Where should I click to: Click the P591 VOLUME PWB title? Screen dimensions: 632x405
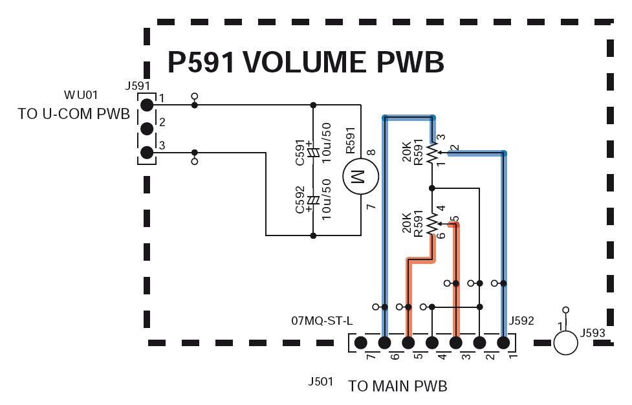pos(305,63)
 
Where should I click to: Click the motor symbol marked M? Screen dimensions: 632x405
pos(361,176)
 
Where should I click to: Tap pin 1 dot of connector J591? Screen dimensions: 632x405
pos(147,105)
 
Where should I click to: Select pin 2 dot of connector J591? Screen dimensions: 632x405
pos(147,129)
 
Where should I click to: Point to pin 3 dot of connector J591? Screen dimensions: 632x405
pos(147,153)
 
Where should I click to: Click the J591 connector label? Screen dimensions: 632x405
pos(137,86)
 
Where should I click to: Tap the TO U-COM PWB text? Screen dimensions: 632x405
pos(74,114)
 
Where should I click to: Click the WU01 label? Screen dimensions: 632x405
pos(81,95)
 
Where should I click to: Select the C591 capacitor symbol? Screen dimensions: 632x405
pos(313,152)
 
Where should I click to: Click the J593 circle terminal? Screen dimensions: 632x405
pos(565,342)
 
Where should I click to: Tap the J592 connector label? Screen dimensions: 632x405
pos(521,321)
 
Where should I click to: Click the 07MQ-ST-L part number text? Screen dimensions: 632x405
pos(321,321)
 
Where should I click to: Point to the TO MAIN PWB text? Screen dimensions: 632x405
pos(397,386)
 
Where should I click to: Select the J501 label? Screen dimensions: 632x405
pos(320,381)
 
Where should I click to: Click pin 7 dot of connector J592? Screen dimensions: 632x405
pos(361,343)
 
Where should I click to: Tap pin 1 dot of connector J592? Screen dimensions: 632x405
pos(503,343)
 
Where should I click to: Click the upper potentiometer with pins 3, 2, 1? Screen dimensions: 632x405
pos(432,153)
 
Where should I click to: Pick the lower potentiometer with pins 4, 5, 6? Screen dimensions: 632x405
pos(432,224)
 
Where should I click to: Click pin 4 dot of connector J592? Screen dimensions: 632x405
pos(432,343)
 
